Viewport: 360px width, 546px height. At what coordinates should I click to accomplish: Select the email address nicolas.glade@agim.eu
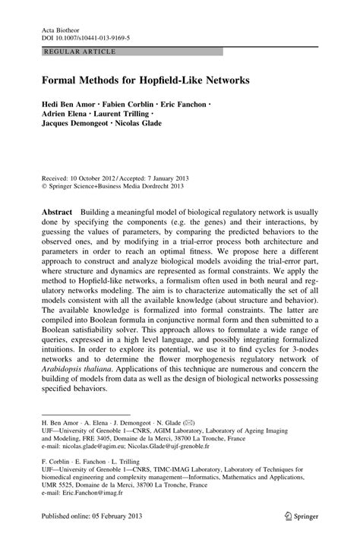coord(97,447)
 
